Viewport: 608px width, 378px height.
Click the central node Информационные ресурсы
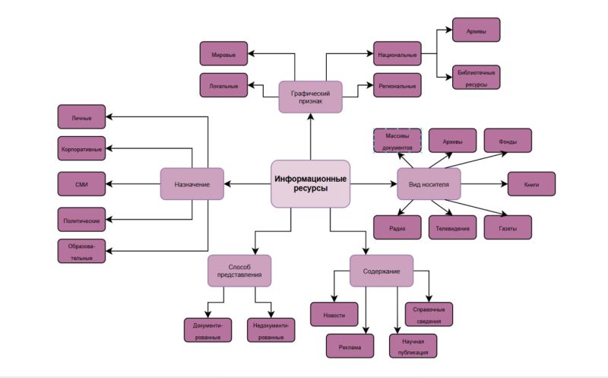(310, 183)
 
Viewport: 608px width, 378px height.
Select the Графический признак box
(310, 97)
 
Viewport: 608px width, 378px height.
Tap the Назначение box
(192, 184)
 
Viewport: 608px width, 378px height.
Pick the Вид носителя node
(429, 184)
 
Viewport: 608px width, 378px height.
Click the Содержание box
(381, 271)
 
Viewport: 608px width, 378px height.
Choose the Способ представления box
(239, 271)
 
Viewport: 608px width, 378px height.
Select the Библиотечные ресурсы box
(477, 78)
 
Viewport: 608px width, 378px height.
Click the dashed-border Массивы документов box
(397, 141)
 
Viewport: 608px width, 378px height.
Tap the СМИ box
(81, 184)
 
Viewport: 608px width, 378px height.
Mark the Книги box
(531, 184)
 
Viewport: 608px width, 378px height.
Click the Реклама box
(350, 346)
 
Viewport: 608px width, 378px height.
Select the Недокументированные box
(271, 330)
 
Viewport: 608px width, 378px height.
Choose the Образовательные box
(81, 251)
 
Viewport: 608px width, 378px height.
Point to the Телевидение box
(452, 227)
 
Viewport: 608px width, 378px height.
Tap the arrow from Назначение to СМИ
(133, 184)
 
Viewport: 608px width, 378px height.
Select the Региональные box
(397, 86)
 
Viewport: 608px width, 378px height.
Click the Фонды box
(508, 141)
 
